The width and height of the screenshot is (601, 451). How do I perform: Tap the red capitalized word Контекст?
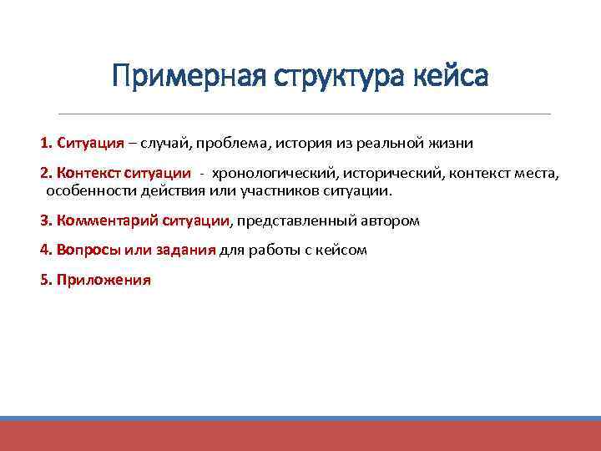tap(88, 174)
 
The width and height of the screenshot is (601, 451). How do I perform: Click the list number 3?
tap(44, 221)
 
